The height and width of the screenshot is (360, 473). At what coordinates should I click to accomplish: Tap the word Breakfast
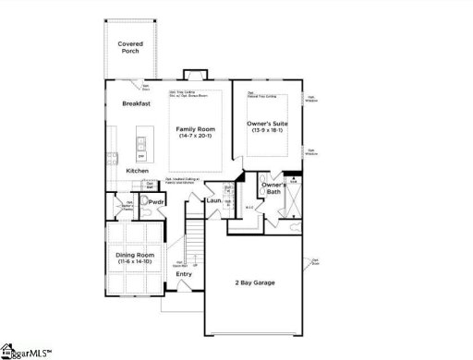(136, 103)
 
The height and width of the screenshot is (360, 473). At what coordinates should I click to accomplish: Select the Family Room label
(195, 130)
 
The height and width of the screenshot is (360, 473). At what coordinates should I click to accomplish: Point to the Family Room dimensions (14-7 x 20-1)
(195, 138)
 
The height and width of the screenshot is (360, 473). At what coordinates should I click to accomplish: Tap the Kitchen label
(138, 171)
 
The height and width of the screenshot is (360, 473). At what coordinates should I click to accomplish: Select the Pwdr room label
(156, 201)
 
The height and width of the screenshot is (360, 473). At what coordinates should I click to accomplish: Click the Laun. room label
(213, 200)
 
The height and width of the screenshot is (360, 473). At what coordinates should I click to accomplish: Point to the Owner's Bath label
(273, 190)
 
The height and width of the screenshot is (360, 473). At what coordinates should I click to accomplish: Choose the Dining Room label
(135, 255)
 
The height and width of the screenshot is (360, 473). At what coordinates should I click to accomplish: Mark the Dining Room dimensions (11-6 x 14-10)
(135, 262)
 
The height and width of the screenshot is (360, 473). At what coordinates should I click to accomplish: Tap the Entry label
(185, 273)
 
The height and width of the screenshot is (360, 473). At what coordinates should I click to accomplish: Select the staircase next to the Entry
(193, 242)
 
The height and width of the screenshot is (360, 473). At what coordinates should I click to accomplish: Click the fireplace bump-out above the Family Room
(195, 73)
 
